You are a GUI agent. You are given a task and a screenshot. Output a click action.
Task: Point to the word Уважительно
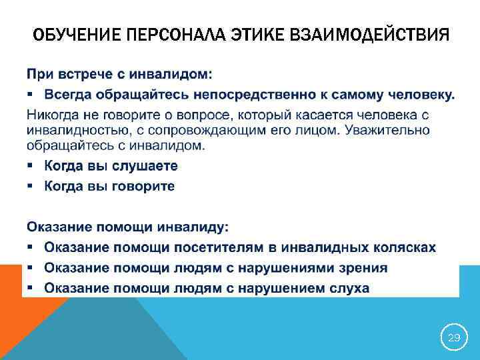pos(393,129)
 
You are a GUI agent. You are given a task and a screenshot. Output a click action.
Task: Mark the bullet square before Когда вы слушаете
pos(31,166)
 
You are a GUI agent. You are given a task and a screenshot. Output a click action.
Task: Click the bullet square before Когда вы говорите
pos(31,186)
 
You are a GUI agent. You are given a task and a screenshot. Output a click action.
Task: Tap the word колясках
pos(406,247)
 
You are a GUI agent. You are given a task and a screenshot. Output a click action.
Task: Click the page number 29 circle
pos(454,338)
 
